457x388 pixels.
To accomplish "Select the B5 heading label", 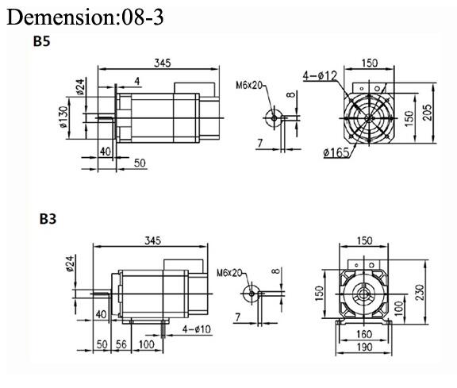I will [x=42, y=41].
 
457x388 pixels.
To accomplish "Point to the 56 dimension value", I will [x=121, y=345].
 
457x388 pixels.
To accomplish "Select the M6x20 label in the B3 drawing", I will [x=228, y=272].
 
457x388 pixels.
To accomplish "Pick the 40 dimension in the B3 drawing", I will [x=100, y=314].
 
